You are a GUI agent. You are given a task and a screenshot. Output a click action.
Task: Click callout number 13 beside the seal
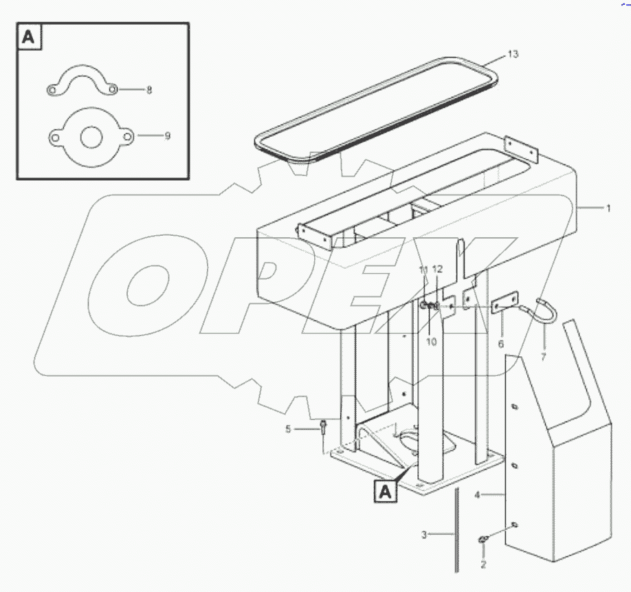pyautogui.click(x=513, y=55)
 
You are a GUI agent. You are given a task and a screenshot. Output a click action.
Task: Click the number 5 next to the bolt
pyautogui.click(x=289, y=429)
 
